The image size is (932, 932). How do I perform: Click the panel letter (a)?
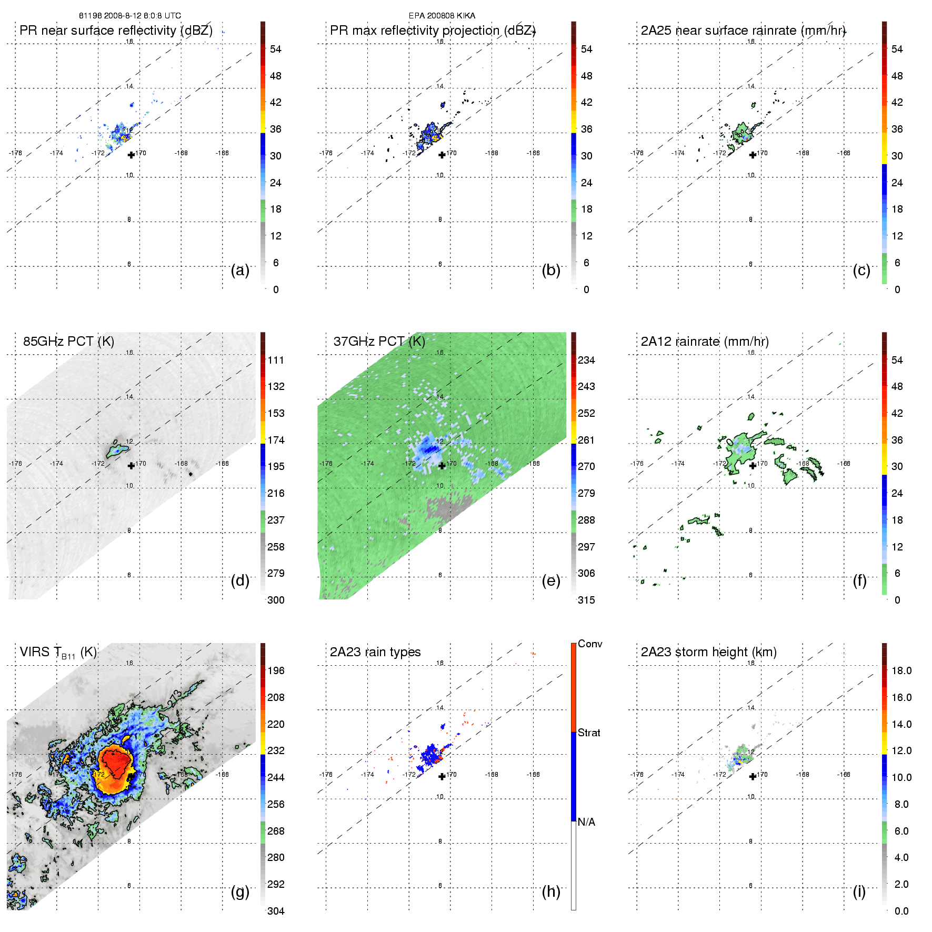click(240, 270)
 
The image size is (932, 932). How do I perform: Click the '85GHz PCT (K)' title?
click(68, 342)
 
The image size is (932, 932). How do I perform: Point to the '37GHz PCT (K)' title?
click(379, 342)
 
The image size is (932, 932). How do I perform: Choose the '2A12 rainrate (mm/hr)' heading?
click(705, 342)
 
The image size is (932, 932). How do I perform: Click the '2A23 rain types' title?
click(375, 652)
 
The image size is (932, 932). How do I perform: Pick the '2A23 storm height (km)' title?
click(709, 652)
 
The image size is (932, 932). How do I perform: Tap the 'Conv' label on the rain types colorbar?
click(590, 644)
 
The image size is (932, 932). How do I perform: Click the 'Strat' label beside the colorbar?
click(589, 733)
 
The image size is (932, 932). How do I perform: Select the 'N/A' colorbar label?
click(586, 823)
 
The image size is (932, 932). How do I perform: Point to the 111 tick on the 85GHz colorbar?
click(276, 360)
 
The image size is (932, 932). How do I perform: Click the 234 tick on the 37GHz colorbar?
click(586, 360)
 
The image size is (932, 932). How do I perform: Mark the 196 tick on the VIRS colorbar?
click(276, 671)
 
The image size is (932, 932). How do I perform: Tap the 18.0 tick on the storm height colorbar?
click(901, 671)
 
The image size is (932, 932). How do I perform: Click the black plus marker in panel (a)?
click(131, 155)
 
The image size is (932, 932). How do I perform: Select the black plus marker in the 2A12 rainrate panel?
click(753, 466)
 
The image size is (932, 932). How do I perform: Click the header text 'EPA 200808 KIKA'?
click(442, 16)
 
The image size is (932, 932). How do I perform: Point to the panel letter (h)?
click(551, 891)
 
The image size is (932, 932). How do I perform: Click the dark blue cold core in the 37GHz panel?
click(430, 449)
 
